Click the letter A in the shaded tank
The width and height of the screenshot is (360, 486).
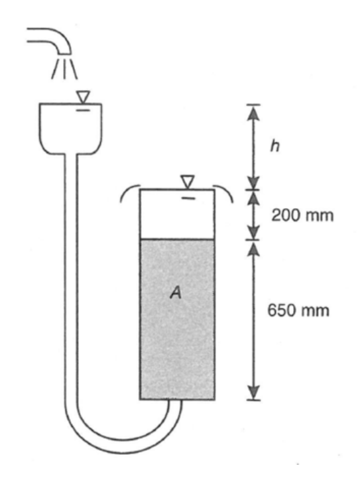tap(176, 292)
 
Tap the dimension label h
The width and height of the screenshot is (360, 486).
tap(274, 145)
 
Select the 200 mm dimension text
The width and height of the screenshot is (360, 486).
tap(302, 215)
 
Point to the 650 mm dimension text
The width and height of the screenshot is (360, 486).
tap(298, 310)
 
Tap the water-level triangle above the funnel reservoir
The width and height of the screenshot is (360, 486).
tap(84, 97)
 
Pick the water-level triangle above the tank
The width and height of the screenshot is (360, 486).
tap(188, 182)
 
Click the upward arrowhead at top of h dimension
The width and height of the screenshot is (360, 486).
tap(254, 112)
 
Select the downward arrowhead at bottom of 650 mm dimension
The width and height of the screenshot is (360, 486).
tap(254, 393)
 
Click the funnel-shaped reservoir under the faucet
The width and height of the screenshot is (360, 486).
tap(71, 129)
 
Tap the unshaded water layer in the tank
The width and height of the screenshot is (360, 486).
tap(177, 214)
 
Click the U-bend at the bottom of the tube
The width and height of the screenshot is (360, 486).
tap(123, 446)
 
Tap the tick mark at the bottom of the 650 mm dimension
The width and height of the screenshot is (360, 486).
tap(254, 400)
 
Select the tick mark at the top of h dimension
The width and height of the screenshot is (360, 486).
tap(254, 105)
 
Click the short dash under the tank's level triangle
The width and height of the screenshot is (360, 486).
tap(188, 198)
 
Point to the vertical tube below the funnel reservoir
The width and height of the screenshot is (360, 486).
tap(71, 279)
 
